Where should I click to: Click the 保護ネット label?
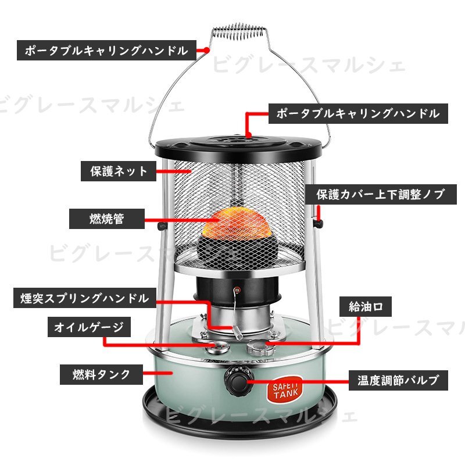click(119, 171)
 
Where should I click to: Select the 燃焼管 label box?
click(107, 219)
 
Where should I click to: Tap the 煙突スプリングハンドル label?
click(85, 298)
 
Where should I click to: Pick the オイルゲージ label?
click(89, 327)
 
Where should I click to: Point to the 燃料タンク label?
click(101, 374)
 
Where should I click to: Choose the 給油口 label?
click(366, 306)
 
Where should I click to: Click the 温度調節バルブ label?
click(398, 380)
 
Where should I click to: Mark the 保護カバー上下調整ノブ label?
click(381, 195)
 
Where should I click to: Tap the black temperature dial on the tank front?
click(237, 381)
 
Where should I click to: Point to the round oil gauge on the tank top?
click(219, 346)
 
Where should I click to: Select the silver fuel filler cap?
click(261, 347)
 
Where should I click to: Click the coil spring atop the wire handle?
click(238, 32)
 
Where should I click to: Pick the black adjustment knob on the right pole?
click(319, 223)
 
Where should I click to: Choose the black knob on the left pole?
click(162, 226)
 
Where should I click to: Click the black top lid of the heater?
click(238, 148)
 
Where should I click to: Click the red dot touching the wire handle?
click(207, 51)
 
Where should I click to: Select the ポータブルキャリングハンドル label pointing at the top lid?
click(358, 113)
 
